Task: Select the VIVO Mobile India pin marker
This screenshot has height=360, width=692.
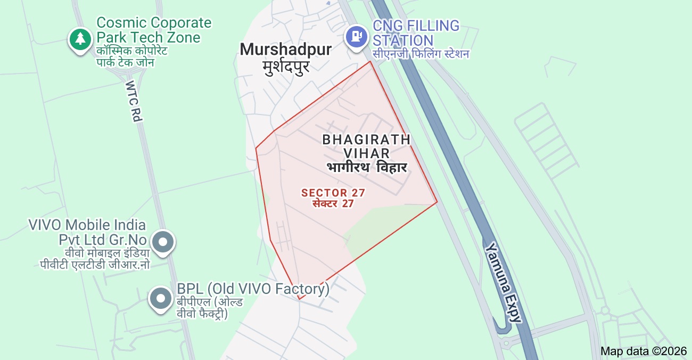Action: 163,243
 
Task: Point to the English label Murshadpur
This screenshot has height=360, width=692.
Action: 285,50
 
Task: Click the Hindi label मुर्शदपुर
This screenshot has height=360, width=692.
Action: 286,67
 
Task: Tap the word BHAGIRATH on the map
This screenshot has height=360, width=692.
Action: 366,140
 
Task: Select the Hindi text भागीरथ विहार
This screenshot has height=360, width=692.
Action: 367,167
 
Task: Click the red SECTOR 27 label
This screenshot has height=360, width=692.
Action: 333,193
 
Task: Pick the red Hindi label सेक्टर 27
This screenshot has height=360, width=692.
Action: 333,203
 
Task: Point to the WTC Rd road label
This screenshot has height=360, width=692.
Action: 134,101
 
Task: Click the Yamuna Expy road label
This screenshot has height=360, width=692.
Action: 503,282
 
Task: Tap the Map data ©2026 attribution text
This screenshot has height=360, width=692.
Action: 644,351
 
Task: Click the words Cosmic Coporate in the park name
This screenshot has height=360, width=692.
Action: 154,23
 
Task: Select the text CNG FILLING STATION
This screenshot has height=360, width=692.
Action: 416,33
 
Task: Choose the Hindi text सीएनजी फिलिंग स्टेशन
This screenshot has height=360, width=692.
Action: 421,54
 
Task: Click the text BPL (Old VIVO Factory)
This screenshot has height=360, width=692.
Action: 253,289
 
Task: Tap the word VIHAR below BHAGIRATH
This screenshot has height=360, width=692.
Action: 366,153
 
